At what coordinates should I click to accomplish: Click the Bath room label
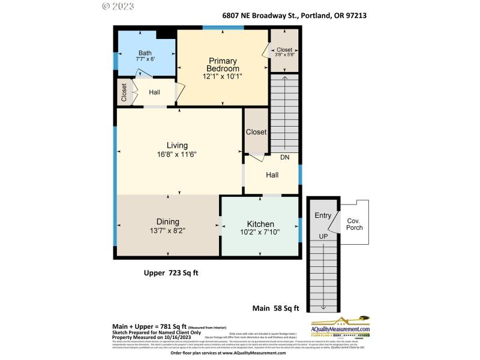[145, 52]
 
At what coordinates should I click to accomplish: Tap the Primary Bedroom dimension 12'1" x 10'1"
[223, 76]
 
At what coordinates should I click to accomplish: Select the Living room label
[177, 145]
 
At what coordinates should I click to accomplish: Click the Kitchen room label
[260, 223]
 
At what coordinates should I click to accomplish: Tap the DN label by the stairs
[286, 157]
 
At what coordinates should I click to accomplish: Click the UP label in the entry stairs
[323, 236]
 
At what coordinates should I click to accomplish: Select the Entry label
[323, 216]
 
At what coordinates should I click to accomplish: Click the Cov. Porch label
[354, 224]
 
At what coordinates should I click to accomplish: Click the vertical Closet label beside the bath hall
[124, 92]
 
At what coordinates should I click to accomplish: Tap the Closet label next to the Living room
[256, 132]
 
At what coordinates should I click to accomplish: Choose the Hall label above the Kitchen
[272, 175]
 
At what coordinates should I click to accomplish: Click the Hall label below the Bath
[154, 92]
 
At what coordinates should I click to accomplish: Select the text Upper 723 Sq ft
[171, 273]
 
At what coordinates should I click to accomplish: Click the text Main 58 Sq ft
[278, 308]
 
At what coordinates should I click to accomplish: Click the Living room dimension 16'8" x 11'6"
[177, 154]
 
